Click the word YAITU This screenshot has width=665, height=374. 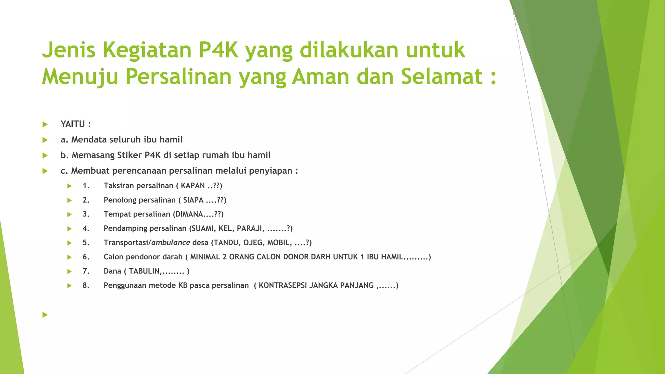pyautogui.click(x=73, y=124)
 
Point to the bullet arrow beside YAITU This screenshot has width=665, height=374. pyautogui.click(x=45, y=124)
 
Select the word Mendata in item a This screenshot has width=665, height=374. pyautogui.click(x=89, y=140)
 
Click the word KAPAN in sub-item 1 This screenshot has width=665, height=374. pyautogui.click(x=193, y=186)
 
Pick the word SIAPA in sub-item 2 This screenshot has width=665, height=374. pyautogui.click(x=193, y=200)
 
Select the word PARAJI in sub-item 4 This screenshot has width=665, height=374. pyautogui.click(x=249, y=229)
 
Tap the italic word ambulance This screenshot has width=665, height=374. pyautogui.click(x=171, y=243)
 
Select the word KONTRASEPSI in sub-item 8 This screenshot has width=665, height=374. pyautogui.click(x=282, y=286)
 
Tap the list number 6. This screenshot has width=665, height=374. pyautogui.click(x=86, y=257)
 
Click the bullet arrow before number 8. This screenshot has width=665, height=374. pyautogui.click(x=69, y=286)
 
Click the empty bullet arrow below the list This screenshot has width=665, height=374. pyautogui.click(x=45, y=315)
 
